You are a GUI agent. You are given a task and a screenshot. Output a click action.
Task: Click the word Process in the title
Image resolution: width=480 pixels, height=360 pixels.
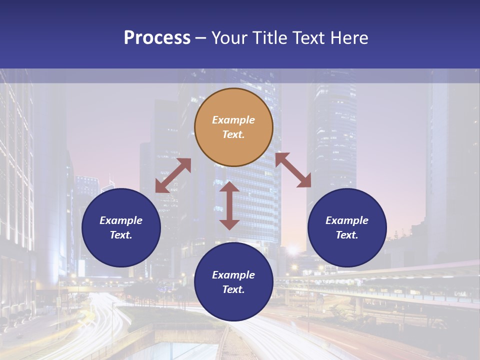point(157,38)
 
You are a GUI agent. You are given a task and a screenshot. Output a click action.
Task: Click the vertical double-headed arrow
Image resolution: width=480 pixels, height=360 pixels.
point(229,205)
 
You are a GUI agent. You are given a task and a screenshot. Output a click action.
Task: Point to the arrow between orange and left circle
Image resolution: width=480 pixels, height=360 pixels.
point(173,175)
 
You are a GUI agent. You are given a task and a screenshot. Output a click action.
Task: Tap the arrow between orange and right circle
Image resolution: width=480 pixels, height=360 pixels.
point(293,170)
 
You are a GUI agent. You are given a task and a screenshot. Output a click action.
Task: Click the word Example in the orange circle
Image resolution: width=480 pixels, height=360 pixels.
point(233,120)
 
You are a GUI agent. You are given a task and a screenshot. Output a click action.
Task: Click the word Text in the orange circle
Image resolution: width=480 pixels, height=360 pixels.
point(233,134)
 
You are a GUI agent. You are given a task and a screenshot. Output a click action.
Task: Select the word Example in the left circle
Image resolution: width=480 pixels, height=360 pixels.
point(121,220)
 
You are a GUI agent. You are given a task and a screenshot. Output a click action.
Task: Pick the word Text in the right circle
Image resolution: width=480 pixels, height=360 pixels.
point(347,235)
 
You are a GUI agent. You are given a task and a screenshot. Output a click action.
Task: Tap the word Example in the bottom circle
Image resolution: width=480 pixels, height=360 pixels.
point(233,275)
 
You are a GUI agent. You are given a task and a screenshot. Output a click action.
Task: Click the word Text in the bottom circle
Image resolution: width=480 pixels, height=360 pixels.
point(233,289)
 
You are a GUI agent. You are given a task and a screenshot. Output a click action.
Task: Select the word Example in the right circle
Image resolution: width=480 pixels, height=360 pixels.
point(347,220)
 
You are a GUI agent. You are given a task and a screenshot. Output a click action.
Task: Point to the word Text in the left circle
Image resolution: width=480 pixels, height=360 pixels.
point(121,235)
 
